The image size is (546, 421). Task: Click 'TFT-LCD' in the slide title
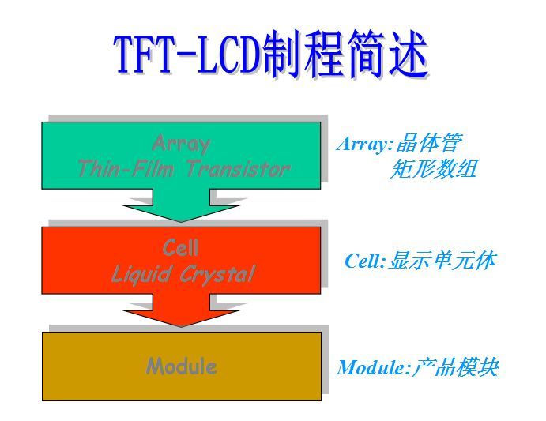[x=186, y=56]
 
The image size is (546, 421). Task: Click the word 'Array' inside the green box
[x=181, y=144]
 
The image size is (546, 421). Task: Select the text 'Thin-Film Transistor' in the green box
[x=183, y=168]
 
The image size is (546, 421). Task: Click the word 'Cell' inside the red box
[x=181, y=248]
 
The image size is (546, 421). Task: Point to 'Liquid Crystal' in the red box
[x=183, y=274]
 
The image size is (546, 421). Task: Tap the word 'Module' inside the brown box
[x=181, y=366]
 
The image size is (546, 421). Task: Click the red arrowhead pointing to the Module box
[x=181, y=314]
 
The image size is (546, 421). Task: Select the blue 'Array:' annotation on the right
[x=364, y=144]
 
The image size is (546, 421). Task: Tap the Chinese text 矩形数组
[x=434, y=168]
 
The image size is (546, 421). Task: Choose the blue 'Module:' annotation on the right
[x=372, y=368]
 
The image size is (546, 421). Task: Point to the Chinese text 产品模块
[x=454, y=367]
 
